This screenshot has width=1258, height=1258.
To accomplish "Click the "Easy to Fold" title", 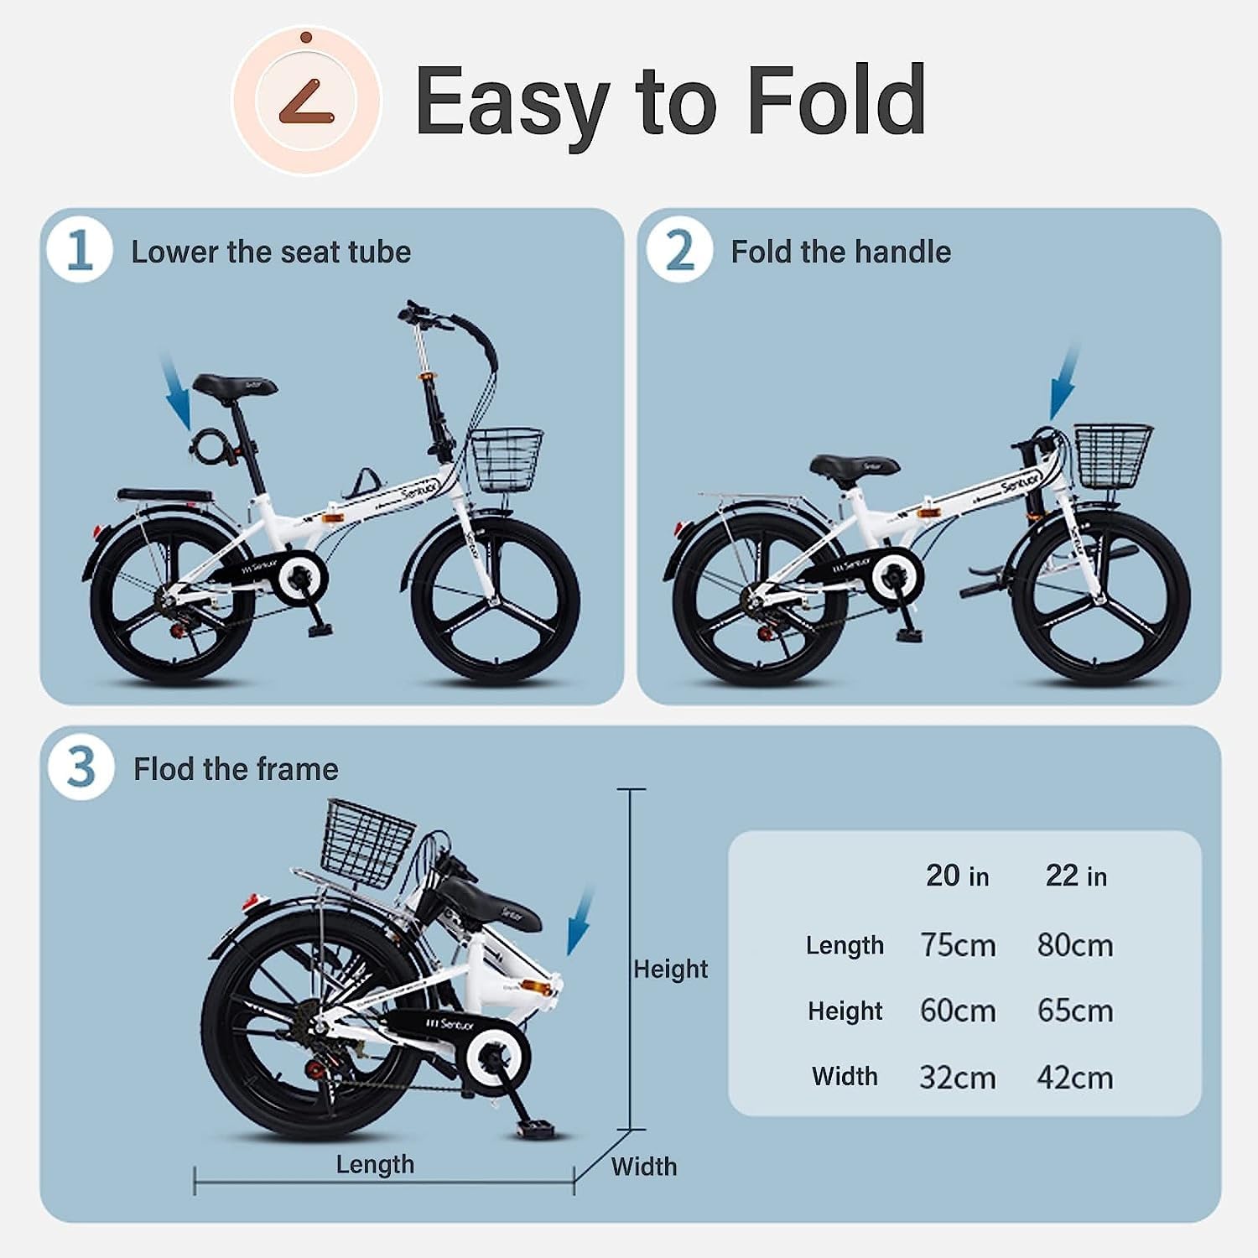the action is (x=670, y=102).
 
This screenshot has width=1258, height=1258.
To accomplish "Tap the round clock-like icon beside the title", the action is (x=307, y=101).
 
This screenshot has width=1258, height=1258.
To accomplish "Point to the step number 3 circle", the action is (x=81, y=767).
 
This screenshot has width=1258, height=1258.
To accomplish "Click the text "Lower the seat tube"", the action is (x=271, y=252).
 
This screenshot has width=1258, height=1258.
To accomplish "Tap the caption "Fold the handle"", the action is (x=840, y=252).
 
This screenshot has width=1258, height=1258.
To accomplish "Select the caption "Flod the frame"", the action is (x=236, y=769).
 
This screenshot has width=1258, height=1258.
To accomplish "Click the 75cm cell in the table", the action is (x=958, y=945).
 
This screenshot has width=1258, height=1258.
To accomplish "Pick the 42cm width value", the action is (x=1075, y=1077).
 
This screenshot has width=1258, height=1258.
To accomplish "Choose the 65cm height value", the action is (x=1075, y=1011).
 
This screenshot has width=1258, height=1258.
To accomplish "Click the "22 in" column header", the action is (x=1076, y=876).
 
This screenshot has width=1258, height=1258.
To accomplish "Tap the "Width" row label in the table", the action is (x=845, y=1076).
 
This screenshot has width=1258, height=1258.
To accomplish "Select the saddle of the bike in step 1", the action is (x=234, y=387).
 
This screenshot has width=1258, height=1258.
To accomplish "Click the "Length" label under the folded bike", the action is (x=375, y=1164).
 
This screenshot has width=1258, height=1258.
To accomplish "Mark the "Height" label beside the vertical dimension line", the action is (x=670, y=969).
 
